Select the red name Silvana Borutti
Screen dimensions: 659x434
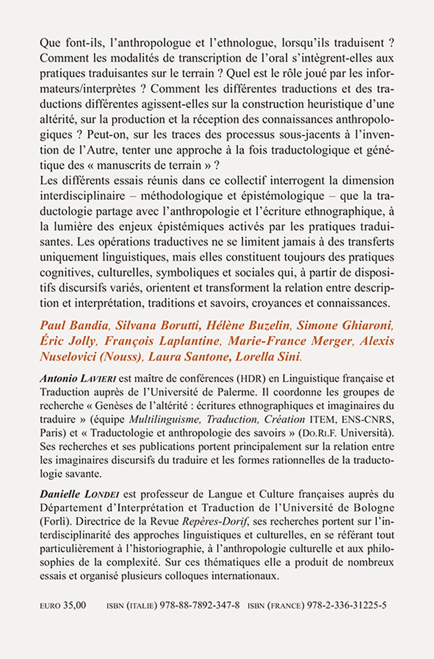point(158,326)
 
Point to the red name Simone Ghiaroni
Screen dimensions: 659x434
point(345,326)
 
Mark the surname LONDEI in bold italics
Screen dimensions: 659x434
point(101,494)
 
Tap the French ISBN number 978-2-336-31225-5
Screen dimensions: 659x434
point(345,606)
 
